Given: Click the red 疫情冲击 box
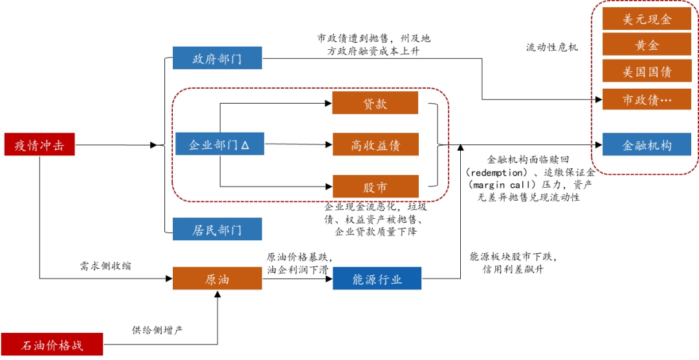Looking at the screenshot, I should [x=39, y=145].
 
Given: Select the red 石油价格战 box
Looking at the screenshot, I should [x=52, y=344].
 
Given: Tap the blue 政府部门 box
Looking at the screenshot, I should [x=217, y=58].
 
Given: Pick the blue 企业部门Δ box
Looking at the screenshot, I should [x=219, y=144].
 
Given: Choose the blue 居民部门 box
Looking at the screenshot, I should [x=217, y=229].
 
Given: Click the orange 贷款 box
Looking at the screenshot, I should [x=375, y=103].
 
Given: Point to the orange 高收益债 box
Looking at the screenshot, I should [x=375, y=145].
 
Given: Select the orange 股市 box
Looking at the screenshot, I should [x=375, y=186].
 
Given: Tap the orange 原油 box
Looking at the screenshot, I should [x=217, y=279].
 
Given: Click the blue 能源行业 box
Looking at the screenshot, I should [x=377, y=279].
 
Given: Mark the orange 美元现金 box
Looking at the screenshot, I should [x=647, y=19].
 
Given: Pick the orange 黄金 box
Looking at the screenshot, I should [x=647, y=45].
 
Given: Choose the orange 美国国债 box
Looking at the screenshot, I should [x=647, y=71].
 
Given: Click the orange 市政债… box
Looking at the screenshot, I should [x=647, y=99].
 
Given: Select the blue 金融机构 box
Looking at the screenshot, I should [x=647, y=144].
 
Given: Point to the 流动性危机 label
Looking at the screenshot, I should [x=551, y=47].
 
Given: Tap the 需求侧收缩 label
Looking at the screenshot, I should [x=105, y=266].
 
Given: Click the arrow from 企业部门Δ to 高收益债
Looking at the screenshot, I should [x=298, y=145].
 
